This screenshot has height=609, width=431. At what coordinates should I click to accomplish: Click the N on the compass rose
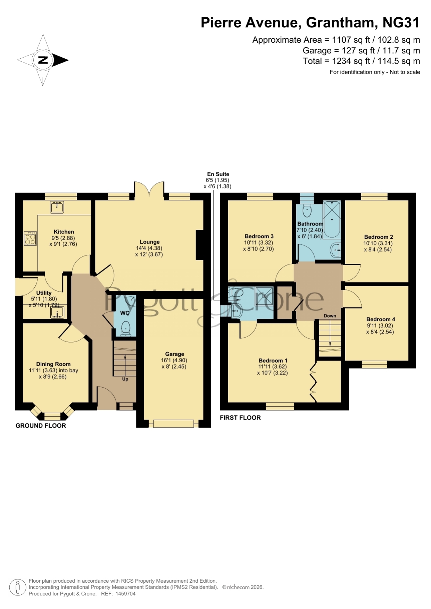coord(43,60)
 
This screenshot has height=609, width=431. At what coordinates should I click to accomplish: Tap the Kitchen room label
coord(64,232)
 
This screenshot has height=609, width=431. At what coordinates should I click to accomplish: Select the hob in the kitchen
coord(30,238)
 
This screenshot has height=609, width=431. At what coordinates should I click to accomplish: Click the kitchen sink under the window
coord(57,207)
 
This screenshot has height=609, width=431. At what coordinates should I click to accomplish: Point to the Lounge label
coord(150,242)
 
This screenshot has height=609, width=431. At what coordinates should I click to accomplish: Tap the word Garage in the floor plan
coord(174,354)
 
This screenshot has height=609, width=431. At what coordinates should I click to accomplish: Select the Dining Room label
coord(53,364)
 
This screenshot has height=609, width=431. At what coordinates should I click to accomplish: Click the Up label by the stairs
coord(125,379)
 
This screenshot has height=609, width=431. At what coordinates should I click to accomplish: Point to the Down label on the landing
coord(330,316)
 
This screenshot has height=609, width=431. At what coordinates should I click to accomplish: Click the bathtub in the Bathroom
coord(332,219)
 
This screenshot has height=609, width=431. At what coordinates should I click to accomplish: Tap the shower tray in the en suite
coord(265,296)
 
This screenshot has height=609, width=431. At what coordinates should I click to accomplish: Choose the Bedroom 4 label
coord(381,319)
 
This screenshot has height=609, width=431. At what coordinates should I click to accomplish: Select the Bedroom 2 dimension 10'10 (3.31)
coord(378,243)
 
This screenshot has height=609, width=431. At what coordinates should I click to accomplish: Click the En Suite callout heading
coord(218,174)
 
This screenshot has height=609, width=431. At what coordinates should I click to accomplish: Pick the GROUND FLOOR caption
coord(41,426)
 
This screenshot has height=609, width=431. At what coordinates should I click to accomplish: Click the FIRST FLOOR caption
coord(240,418)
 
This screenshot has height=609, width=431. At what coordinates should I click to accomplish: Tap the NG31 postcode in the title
coord(401,23)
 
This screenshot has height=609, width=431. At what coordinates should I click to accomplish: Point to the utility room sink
coord(57,312)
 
